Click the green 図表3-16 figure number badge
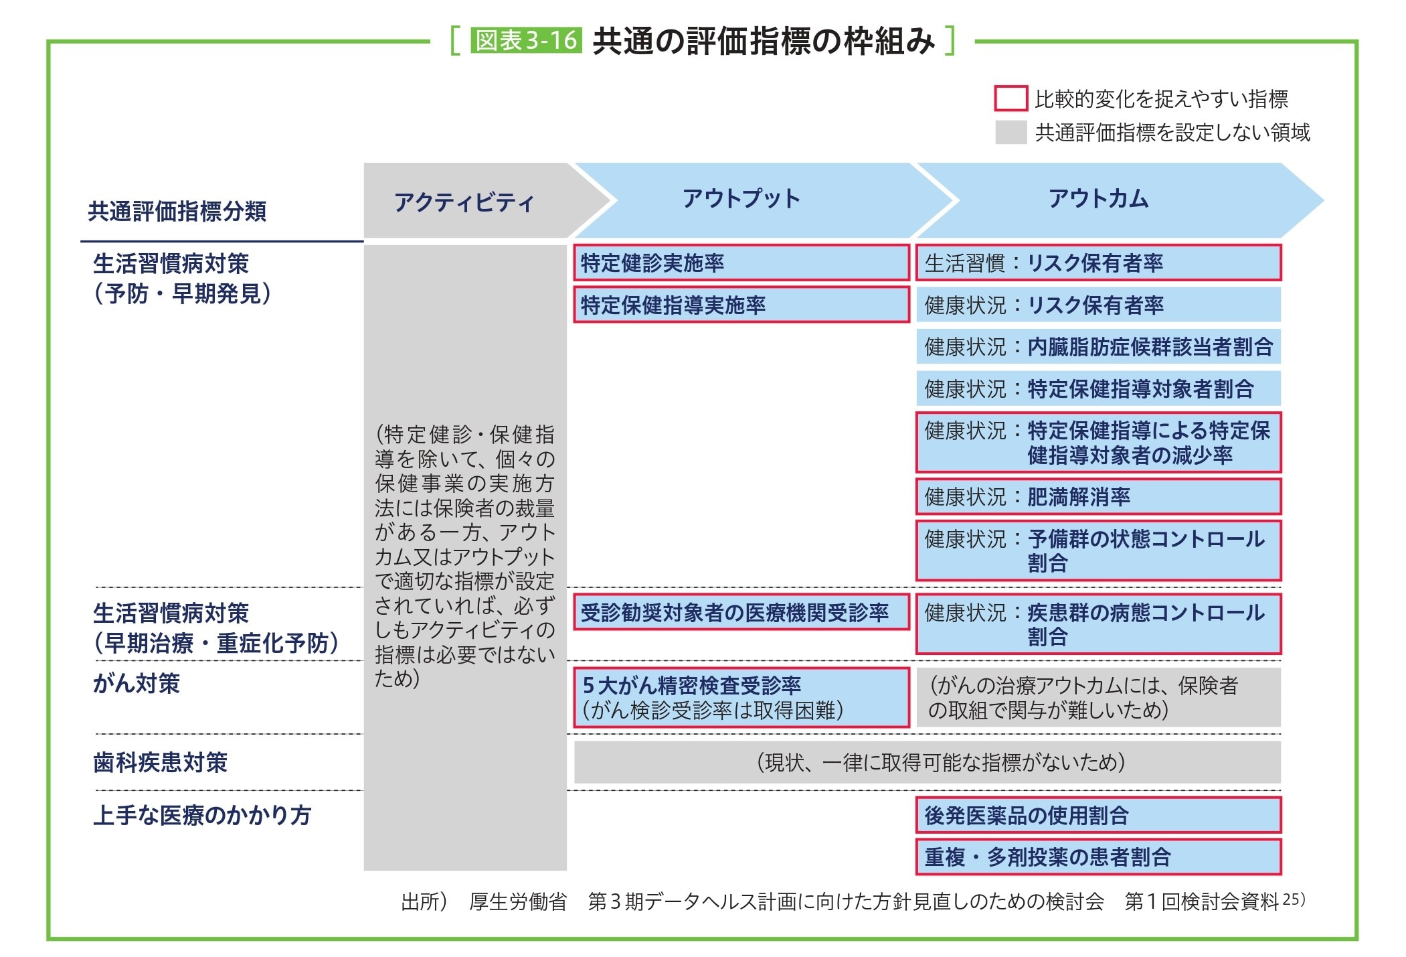[x=526, y=40]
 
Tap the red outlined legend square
[x=1010, y=98]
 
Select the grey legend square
[x=1010, y=132]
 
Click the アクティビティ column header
[x=464, y=202]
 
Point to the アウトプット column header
[x=741, y=199]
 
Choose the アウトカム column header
[x=1098, y=199]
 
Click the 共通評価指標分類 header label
[x=177, y=212]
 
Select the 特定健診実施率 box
[x=741, y=263]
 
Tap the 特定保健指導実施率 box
[x=741, y=305]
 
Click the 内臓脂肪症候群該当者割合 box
[x=1098, y=347]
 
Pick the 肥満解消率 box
[x=1098, y=497]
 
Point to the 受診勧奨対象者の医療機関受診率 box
[x=741, y=612]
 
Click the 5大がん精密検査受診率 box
[x=741, y=697]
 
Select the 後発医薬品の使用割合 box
[x=1098, y=815]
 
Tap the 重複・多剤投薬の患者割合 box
[x=1098, y=857]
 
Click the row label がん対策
[x=137, y=684]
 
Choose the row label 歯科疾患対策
[x=161, y=762]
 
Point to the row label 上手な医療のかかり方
[x=202, y=815]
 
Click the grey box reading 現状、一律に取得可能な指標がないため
[x=928, y=762]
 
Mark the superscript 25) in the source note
[x=1294, y=899]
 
